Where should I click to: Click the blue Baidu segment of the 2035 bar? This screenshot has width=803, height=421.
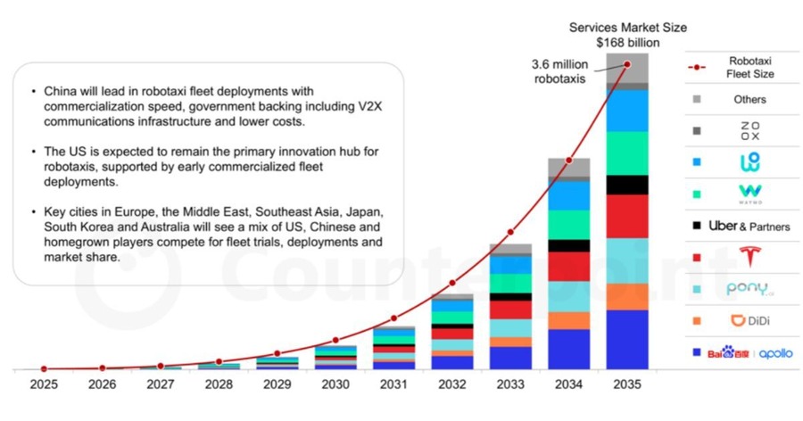tap(627, 339)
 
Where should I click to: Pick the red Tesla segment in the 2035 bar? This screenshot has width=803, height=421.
tap(627, 216)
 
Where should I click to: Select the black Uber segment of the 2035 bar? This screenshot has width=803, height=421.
tap(627, 185)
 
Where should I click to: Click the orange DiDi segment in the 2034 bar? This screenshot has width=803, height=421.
tap(568, 320)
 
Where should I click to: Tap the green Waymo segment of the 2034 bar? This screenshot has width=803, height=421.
tap(568, 224)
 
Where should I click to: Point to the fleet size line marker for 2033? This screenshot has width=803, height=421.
tap(510, 232)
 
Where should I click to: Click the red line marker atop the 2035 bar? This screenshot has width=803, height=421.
tap(627, 64)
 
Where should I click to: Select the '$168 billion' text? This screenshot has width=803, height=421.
tap(627, 42)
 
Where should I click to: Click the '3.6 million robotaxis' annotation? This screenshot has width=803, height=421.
tap(559, 71)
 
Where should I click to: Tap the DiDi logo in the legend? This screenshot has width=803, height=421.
tap(749, 320)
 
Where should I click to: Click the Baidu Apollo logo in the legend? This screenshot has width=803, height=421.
tap(749, 353)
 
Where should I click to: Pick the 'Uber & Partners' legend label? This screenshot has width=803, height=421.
tap(749, 227)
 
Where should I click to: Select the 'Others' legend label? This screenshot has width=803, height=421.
tap(749, 100)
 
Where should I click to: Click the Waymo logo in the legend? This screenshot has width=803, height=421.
tap(749, 194)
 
